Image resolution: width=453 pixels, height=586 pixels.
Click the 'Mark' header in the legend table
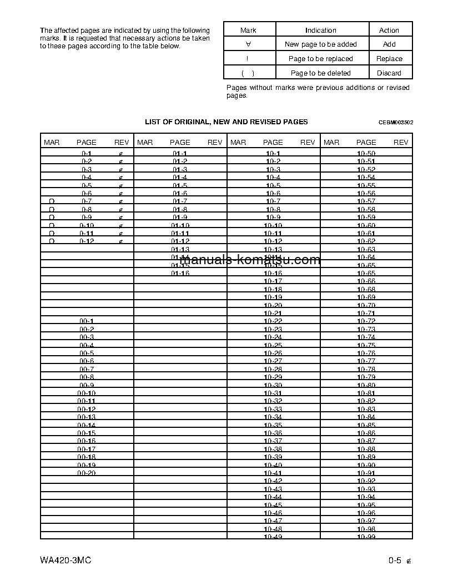click(x=249, y=31)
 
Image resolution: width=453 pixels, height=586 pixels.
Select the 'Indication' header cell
click(x=320, y=31)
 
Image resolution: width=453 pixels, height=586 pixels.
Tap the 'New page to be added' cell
click(x=320, y=44)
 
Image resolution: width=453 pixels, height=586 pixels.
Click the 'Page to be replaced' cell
click(x=320, y=59)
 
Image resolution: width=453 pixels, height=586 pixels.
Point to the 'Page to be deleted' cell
click(x=320, y=73)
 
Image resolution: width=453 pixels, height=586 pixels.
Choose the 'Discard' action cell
click(x=389, y=73)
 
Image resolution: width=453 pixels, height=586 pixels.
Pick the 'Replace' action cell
click(x=389, y=59)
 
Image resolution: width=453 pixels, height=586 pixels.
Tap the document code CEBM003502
click(x=396, y=123)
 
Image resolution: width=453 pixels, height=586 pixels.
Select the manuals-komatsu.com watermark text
click(x=250, y=260)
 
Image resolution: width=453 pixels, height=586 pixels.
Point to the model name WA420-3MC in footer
click(x=66, y=560)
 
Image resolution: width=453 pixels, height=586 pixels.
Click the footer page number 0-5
click(x=395, y=560)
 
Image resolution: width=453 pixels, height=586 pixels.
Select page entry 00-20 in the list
click(x=87, y=473)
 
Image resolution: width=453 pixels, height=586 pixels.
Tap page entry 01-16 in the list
click(x=180, y=273)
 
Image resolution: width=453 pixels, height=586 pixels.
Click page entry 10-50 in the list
click(x=366, y=153)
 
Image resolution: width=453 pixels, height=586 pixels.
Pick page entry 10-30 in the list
click(x=273, y=385)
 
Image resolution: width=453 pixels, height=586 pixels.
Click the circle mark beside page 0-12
click(x=52, y=241)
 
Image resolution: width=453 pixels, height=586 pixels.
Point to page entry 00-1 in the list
click(x=87, y=321)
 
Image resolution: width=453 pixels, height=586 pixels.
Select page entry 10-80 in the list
click(x=366, y=385)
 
